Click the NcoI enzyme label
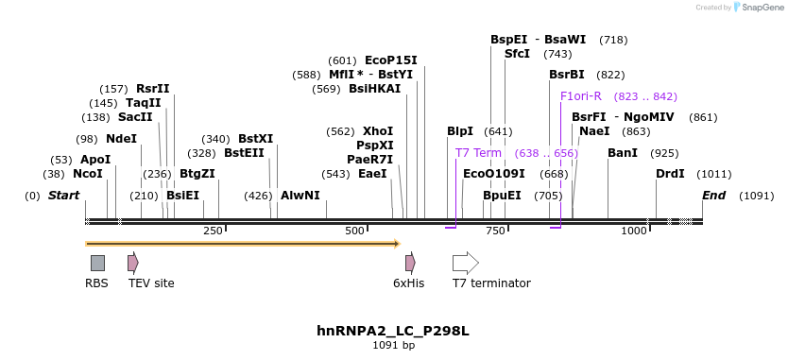88,175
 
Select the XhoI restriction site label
378,131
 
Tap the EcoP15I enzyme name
390,60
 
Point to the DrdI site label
670,175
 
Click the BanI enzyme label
623,153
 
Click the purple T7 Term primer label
478,153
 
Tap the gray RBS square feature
97,263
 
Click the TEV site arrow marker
133,263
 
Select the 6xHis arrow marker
410,263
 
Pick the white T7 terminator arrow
465,263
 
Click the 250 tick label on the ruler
213,231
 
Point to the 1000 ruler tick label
633,231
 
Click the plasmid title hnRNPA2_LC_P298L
393,332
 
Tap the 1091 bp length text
393,346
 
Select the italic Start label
63,196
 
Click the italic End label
714,196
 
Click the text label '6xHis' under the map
409,283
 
